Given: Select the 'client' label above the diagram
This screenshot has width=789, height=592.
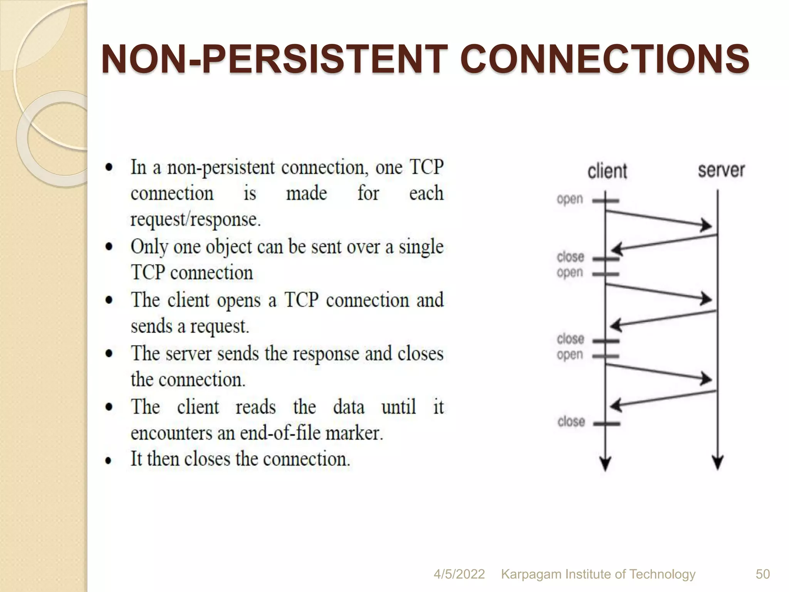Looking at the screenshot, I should (x=607, y=171).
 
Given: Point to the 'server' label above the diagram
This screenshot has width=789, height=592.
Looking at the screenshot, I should (x=721, y=170).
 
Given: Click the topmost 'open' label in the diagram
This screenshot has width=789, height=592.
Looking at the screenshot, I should (x=570, y=200).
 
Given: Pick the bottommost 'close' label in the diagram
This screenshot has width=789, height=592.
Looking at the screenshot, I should (x=571, y=422).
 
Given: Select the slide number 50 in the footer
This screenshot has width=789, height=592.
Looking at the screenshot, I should (x=762, y=574).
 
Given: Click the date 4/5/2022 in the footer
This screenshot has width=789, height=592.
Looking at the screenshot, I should (x=459, y=574).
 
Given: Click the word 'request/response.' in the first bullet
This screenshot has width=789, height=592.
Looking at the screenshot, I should (x=196, y=220).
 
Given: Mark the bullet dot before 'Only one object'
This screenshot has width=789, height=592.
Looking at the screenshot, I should (x=109, y=247).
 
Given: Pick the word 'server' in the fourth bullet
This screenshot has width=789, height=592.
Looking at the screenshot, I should (x=188, y=354).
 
